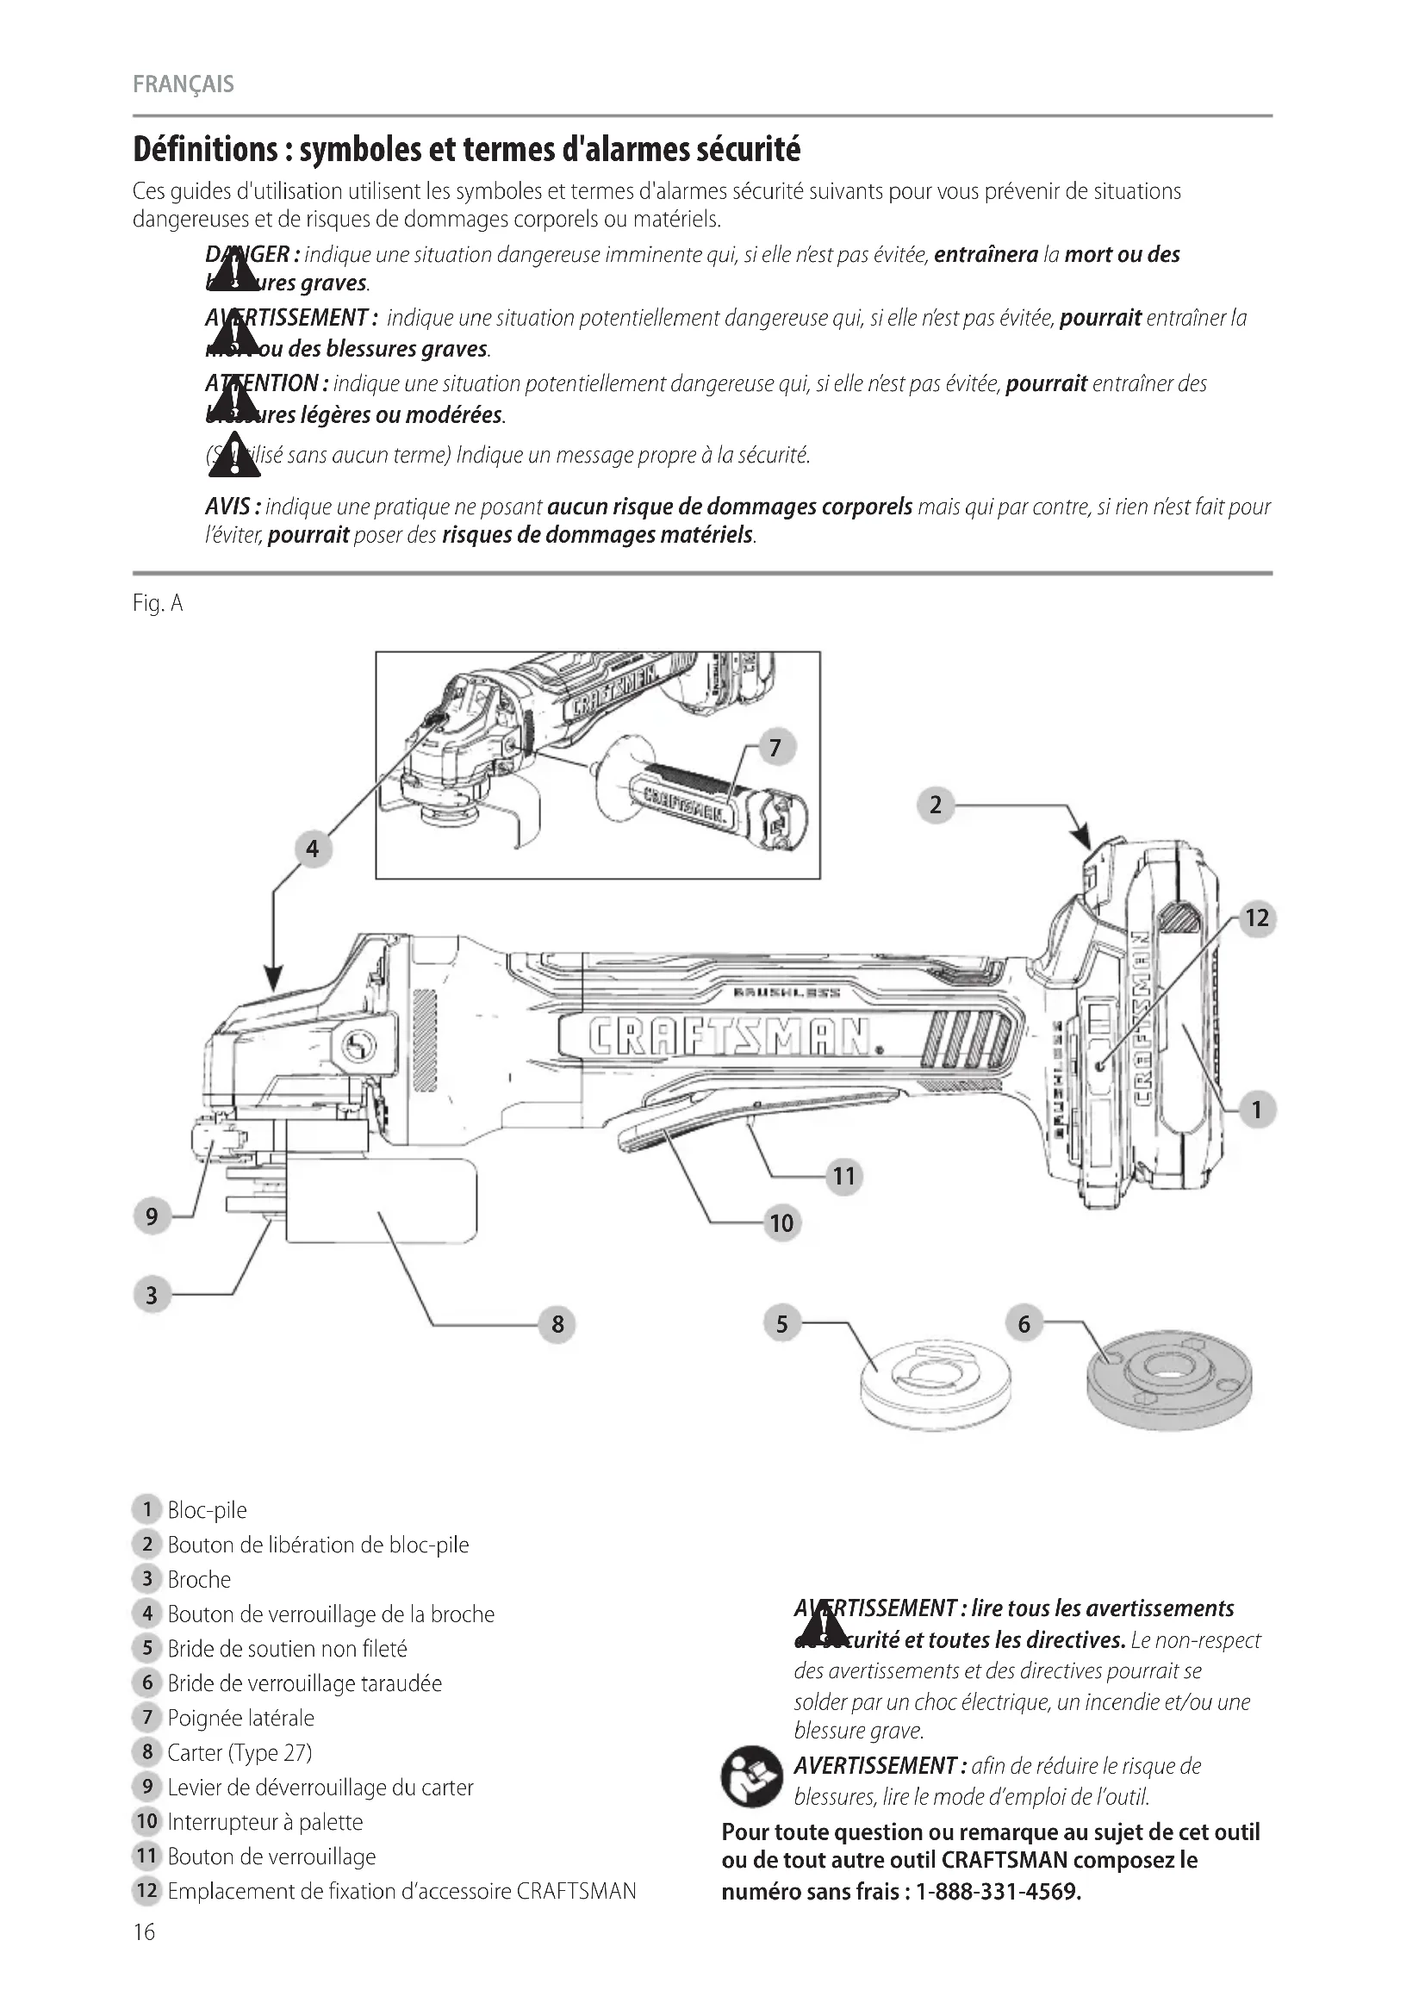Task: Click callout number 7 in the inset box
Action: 775,748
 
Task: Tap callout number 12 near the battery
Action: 1256,918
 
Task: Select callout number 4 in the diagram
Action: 313,849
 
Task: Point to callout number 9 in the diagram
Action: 152,1216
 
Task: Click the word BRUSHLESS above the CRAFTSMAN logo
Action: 787,992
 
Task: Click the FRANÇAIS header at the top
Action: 184,84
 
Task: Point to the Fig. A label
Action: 158,604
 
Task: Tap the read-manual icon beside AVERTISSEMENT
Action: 750,1776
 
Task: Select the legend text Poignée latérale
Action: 240,1718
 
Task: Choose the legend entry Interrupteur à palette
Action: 265,1821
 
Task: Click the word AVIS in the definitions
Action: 230,507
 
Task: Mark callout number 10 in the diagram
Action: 781,1222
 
